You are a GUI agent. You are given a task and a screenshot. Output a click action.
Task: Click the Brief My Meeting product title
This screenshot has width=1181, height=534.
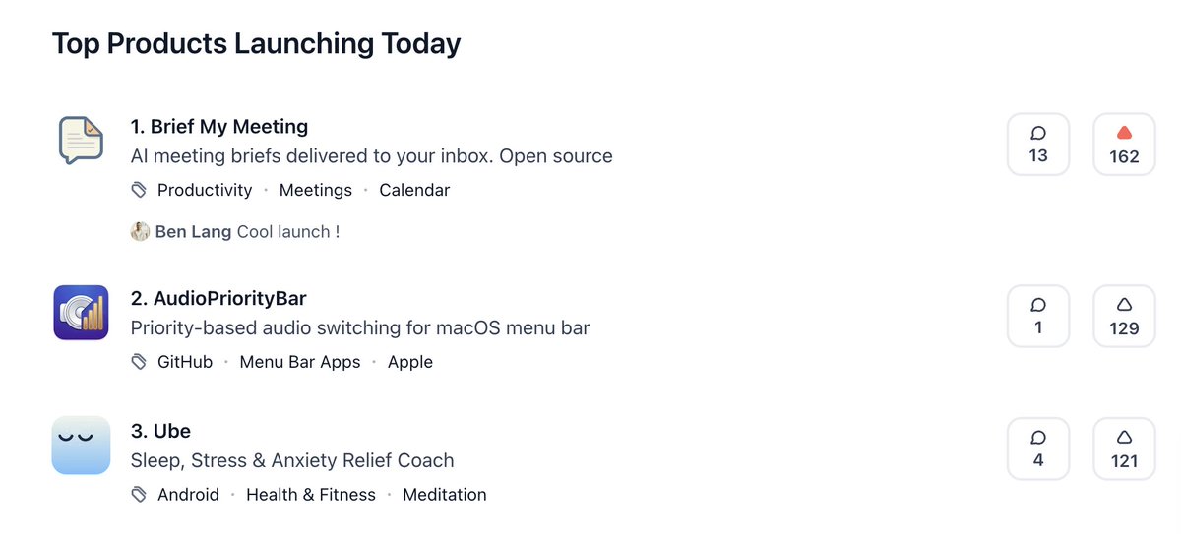[218, 127]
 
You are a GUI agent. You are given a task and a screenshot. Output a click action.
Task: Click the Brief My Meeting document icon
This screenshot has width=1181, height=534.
[81, 141]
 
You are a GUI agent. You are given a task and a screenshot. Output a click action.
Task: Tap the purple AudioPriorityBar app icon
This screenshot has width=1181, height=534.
[81, 312]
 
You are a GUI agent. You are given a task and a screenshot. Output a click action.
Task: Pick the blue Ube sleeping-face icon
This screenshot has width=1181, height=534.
[81, 445]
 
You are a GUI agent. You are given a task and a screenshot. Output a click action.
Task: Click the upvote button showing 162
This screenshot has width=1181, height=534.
[1124, 145]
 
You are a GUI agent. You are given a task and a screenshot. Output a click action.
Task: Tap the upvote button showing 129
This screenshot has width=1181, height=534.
[1124, 316]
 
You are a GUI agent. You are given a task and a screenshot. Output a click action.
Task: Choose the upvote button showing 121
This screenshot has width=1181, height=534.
[1124, 448]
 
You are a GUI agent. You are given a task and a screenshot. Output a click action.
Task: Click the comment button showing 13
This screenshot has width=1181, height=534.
[1037, 145]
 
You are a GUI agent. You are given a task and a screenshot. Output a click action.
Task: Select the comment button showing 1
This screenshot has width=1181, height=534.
[1037, 316]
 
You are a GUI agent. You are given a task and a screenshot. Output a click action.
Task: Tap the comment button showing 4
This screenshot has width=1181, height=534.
[1037, 448]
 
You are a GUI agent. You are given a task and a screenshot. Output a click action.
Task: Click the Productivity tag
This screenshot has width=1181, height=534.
[205, 190]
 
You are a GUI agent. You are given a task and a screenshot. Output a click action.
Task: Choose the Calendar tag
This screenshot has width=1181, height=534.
[414, 190]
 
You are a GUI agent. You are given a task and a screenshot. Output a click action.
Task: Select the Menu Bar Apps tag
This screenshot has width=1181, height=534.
[300, 362]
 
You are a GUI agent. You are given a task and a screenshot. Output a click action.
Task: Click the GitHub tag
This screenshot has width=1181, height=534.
[185, 362]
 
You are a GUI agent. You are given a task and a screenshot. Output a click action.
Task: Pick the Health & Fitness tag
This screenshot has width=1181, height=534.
[311, 495]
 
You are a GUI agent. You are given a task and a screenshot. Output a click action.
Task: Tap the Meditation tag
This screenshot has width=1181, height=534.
[445, 495]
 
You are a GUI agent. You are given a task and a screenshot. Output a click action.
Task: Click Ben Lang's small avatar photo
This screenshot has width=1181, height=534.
[140, 232]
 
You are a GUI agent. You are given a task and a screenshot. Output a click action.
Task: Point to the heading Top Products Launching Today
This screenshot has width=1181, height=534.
[256, 44]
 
